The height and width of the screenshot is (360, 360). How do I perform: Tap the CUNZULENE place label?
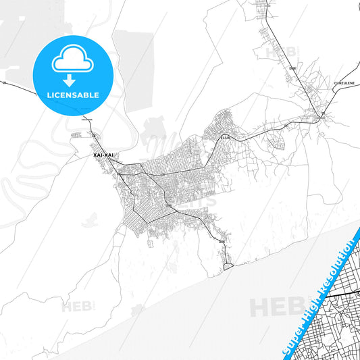[x=344, y=82]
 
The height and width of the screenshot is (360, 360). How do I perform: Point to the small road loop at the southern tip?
[x=229, y=267]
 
